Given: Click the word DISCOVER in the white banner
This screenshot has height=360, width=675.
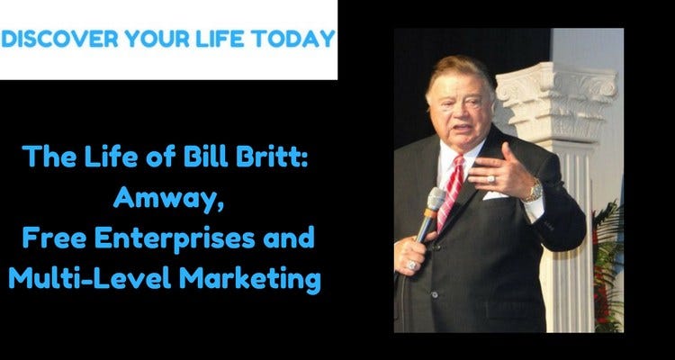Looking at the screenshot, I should pos(57,40).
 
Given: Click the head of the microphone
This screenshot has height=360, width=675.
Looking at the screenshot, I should pos(435,200).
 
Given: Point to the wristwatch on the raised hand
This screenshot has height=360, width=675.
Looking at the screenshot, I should pos(533,189).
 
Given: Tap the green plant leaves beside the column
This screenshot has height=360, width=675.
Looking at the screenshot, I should pos(609,243).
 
